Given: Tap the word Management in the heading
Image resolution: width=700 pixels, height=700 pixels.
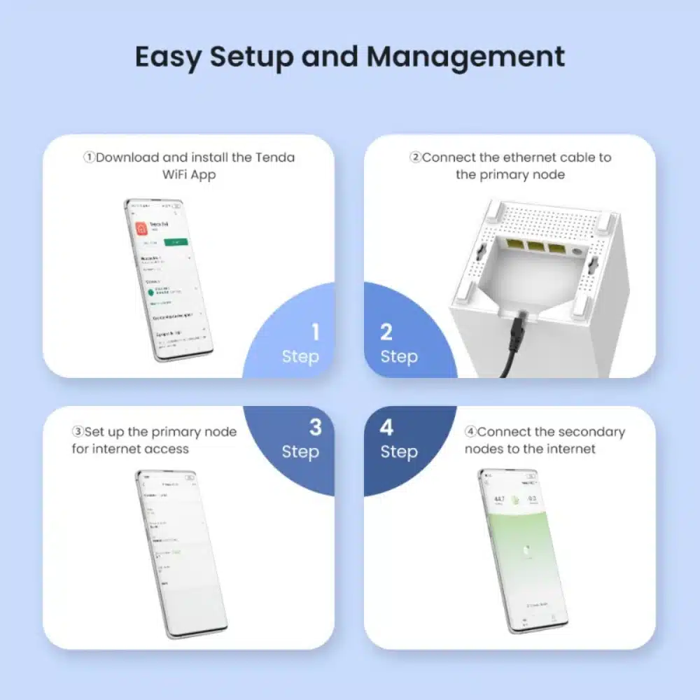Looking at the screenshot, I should pyautogui.click(x=465, y=57).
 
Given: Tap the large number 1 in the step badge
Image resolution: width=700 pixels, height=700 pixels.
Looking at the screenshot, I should pyautogui.click(x=316, y=332).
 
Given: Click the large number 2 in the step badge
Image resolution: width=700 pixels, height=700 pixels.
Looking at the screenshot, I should pyautogui.click(x=386, y=332).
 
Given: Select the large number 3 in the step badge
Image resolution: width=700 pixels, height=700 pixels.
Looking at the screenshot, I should pyautogui.click(x=316, y=427).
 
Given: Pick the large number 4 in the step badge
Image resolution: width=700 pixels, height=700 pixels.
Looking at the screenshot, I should pyautogui.click(x=386, y=427).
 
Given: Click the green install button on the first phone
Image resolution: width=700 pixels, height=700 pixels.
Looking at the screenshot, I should pyautogui.click(x=176, y=241).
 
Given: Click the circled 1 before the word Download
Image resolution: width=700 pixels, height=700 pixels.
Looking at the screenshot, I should pyautogui.click(x=89, y=157).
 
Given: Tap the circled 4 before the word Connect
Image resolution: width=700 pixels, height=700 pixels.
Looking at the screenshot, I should pyautogui.click(x=470, y=432).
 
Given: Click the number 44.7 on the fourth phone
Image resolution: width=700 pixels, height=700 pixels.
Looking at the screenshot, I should pyautogui.click(x=499, y=499).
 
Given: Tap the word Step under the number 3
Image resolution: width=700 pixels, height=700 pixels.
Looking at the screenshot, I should pyautogui.click(x=300, y=452).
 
